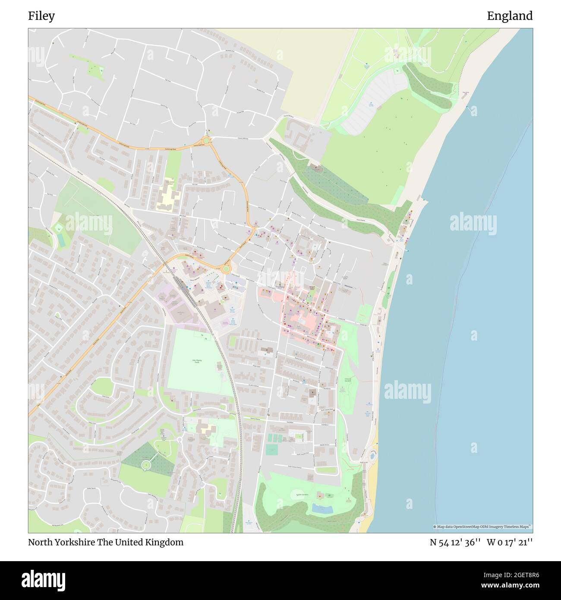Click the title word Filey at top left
pyautogui.click(x=41, y=16)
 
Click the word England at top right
pyautogui.click(x=510, y=16)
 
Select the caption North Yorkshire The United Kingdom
pyautogui.click(x=106, y=542)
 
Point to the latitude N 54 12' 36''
pyautogui.click(x=455, y=542)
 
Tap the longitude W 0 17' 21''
pyautogui.click(x=510, y=542)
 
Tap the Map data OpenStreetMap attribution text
pyautogui.click(x=482, y=527)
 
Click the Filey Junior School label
pyautogui.click(x=170, y=183)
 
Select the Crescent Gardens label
pyautogui.click(x=348, y=379)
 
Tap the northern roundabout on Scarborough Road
pyautogui.click(x=207, y=140)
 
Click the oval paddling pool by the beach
pyautogui.click(x=372, y=455)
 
